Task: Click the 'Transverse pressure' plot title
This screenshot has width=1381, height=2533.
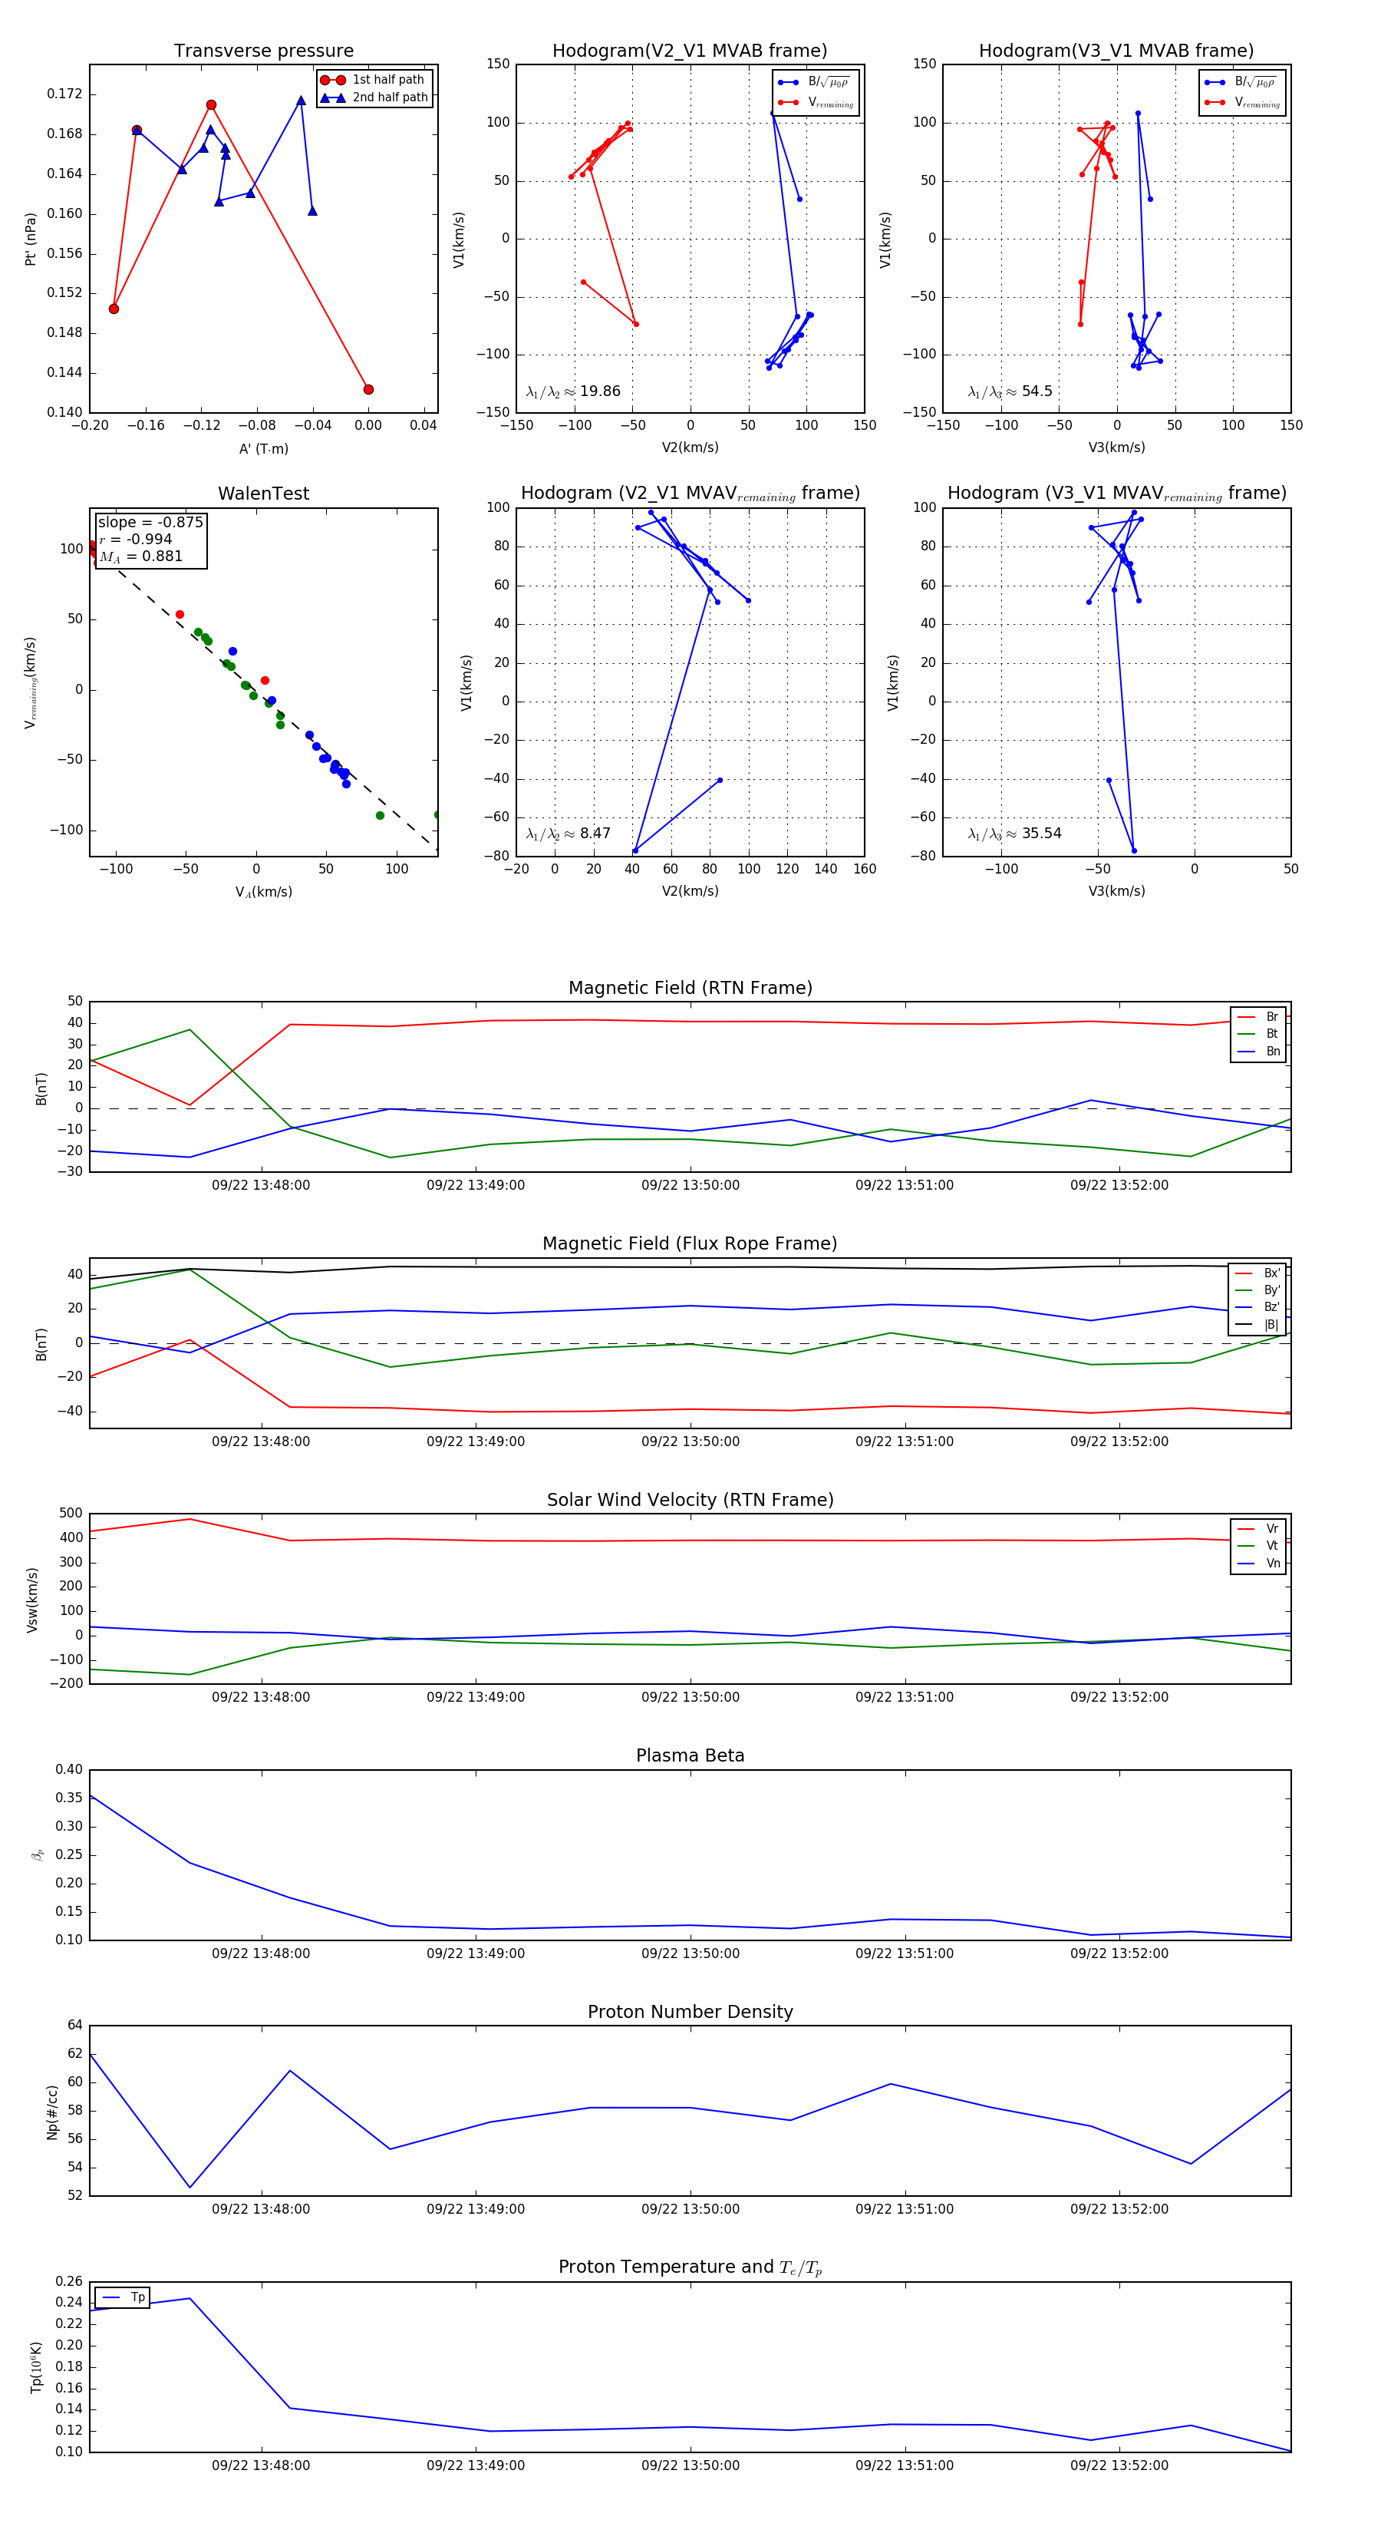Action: [x=263, y=51]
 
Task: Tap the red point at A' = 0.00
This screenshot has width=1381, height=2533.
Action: [x=368, y=389]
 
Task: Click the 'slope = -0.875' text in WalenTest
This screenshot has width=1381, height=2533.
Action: [x=150, y=522]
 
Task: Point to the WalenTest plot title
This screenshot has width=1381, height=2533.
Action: [x=263, y=494]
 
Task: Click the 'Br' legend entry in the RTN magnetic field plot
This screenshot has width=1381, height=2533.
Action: [x=1271, y=1017]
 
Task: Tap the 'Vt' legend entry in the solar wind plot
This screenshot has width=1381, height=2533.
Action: [x=1272, y=1546]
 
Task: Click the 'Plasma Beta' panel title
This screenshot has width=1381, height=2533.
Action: [x=690, y=1756]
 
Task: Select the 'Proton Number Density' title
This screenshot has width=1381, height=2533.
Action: [x=690, y=2012]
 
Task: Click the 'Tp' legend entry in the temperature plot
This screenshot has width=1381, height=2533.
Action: [x=137, y=2297]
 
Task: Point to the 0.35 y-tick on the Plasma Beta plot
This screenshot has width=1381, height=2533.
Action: [x=70, y=1798]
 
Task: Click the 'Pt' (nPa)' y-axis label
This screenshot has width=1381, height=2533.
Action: [x=31, y=239]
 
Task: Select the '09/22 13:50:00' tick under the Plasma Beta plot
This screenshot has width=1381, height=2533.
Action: [x=690, y=1953]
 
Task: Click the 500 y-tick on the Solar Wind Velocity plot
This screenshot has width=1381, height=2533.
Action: [x=71, y=1514]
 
